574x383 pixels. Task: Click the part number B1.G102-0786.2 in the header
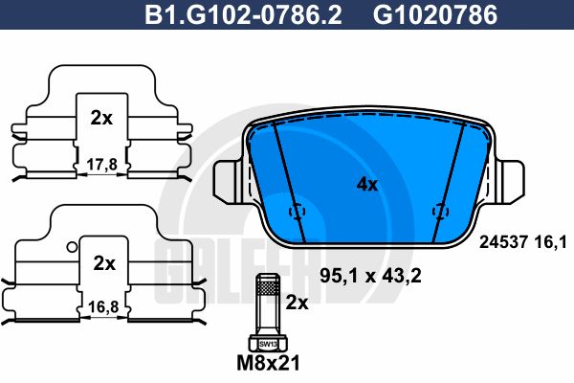point(243,14)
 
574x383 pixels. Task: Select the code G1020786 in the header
point(435,14)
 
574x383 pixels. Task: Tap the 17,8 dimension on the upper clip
point(102,165)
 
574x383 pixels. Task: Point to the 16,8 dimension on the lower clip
point(103,306)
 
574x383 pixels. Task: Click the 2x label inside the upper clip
point(101,118)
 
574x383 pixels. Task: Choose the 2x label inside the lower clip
point(104,263)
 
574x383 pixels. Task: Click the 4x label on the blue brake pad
point(367,185)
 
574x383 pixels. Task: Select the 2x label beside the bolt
point(297,303)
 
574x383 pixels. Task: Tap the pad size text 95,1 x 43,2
point(370,276)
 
